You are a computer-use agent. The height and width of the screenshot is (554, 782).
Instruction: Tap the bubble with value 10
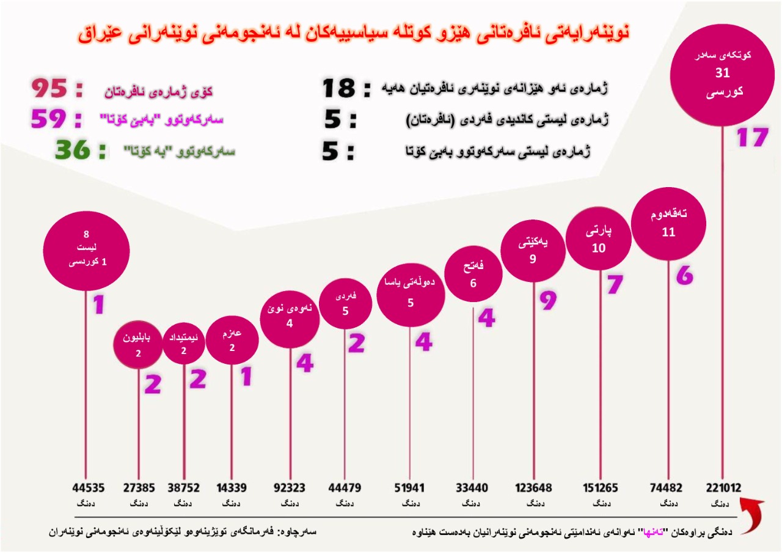[599, 240]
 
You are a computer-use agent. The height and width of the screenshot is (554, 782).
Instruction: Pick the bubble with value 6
[473, 275]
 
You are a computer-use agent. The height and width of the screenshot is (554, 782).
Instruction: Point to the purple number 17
[751, 138]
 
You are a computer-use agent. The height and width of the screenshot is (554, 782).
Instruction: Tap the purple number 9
[549, 300]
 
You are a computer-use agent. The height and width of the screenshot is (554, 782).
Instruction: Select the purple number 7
[615, 284]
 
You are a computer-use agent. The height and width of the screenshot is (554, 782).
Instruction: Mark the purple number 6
[685, 276]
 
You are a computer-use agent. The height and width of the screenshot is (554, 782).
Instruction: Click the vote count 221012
[723, 488]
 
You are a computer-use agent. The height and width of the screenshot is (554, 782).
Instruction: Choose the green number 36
[73, 150]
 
